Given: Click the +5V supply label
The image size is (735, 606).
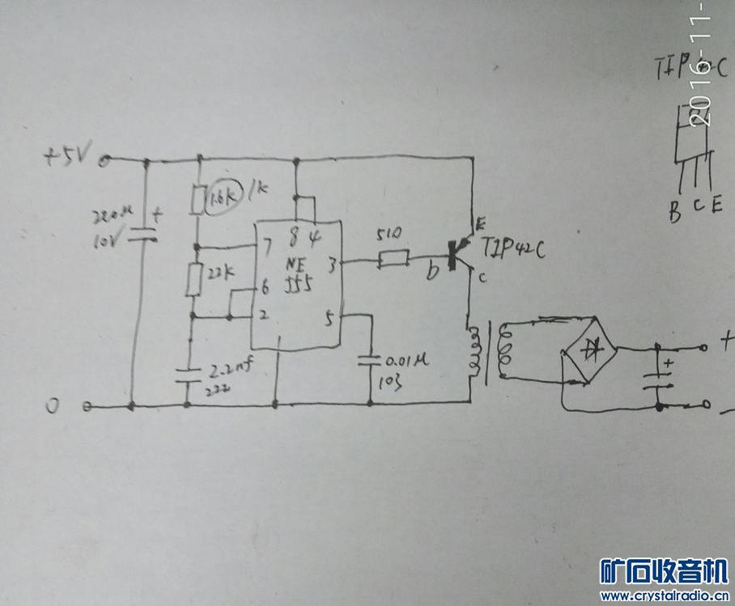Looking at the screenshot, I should pyautogui.click(x=71, y=154).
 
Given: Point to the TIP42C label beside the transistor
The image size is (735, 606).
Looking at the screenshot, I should pyautogui.click(x=513, y=248).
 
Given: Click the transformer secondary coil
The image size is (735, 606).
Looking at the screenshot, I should pyautogui.click(x=507, y=350).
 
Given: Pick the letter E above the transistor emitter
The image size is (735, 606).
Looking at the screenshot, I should pyautogui.click(x=480, y=220).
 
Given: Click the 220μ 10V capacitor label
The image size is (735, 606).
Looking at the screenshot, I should pyautogui.click(x=112, y=227).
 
